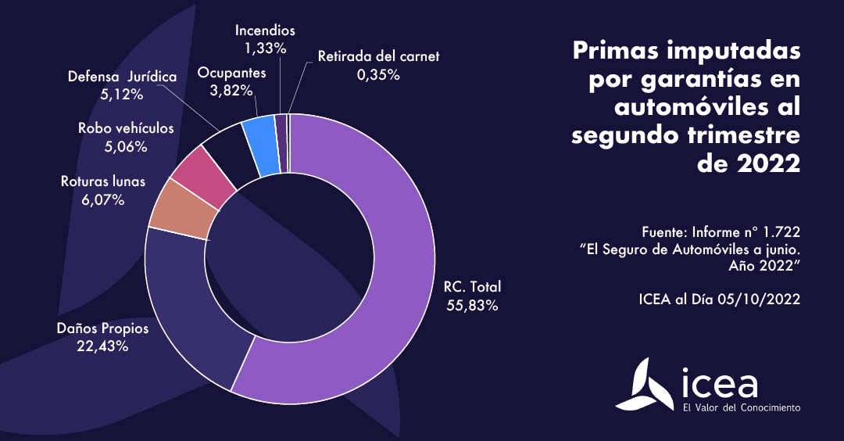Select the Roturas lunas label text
point(103,182)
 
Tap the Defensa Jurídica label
point(122,77)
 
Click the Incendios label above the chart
point(265,31)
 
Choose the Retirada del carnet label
point(379,56)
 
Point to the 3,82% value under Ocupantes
point(232,90)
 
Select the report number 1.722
point(780,232)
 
